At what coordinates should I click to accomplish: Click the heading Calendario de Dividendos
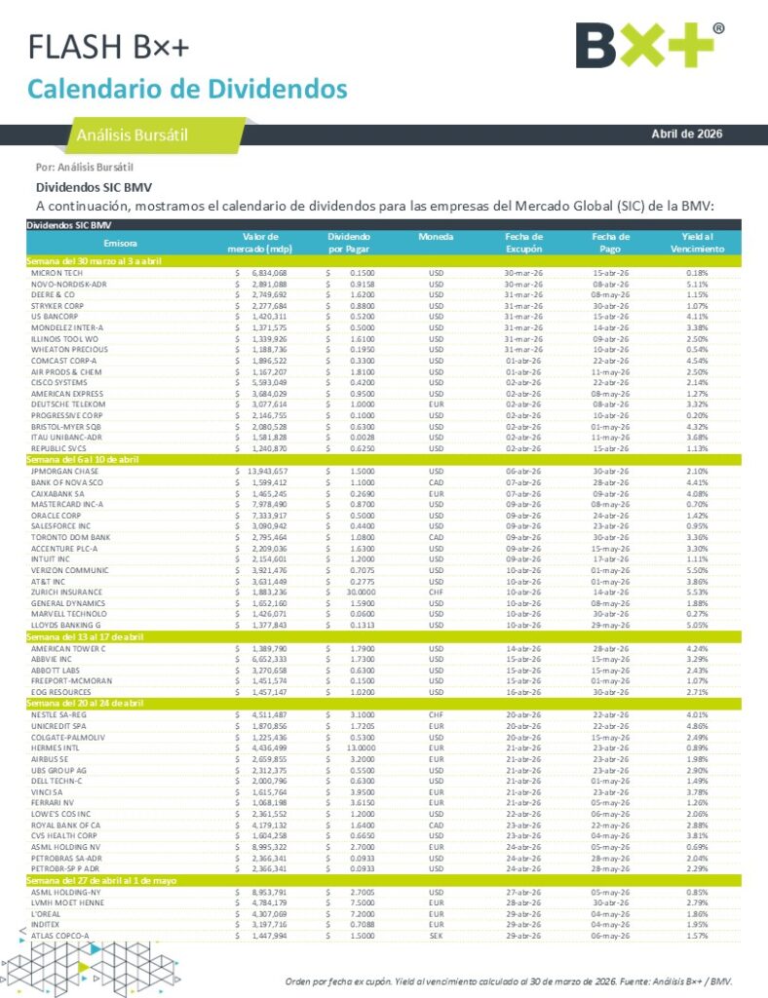pos(187,89)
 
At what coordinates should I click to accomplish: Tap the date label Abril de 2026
pos(687,134)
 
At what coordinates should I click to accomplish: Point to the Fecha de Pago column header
pos(610,242)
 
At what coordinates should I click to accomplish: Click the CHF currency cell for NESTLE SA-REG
pos(436,714)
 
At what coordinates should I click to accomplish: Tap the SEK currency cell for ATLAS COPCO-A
pos(436,935)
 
